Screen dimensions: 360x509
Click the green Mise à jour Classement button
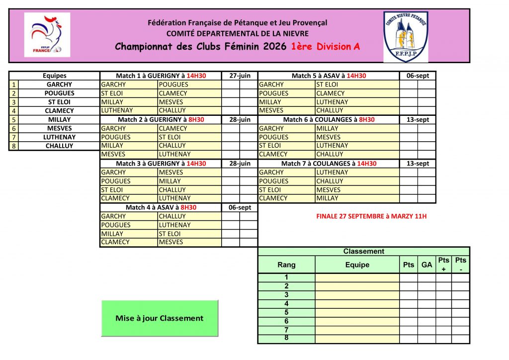click(160, 318)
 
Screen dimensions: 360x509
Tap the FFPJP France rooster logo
click(47, 35)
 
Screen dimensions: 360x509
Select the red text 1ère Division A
click(325, 47)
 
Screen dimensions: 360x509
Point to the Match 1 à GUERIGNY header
click(161, 76)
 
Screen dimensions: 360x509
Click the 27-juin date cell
click(240, 76)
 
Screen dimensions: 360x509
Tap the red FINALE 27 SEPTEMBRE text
click(371, 216)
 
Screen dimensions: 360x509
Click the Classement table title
click(363, 252)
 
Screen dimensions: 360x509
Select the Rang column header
click(286, 265)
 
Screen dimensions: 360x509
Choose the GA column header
click(426, 265)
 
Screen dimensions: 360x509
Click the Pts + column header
click(443, 265)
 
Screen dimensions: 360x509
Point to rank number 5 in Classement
click(286, 312)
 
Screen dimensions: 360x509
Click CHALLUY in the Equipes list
click(59, 146)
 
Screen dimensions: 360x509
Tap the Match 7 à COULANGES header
click(329, 164)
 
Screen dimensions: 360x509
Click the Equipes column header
click(55, 76)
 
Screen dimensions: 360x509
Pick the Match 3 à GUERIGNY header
click(161, 164)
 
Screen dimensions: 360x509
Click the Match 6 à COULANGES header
click(329, 119)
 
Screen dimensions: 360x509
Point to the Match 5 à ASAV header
click(329, 76)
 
